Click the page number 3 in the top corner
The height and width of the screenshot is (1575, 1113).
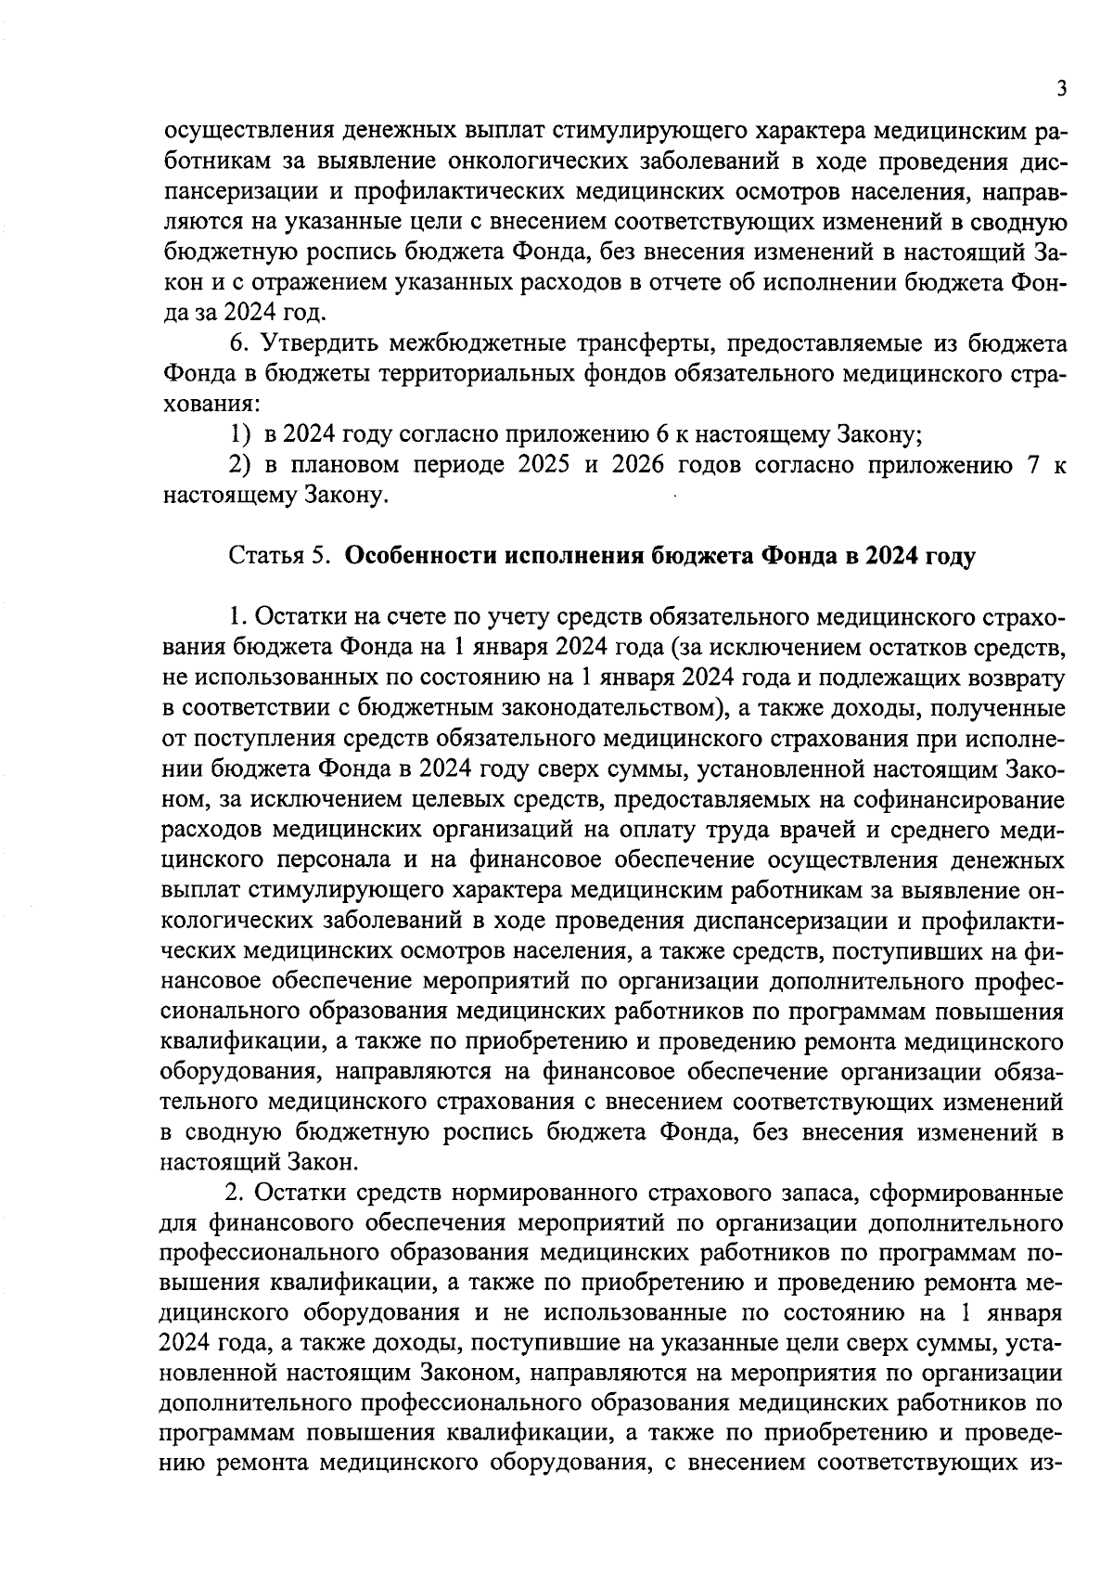tap(1061, 89)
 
